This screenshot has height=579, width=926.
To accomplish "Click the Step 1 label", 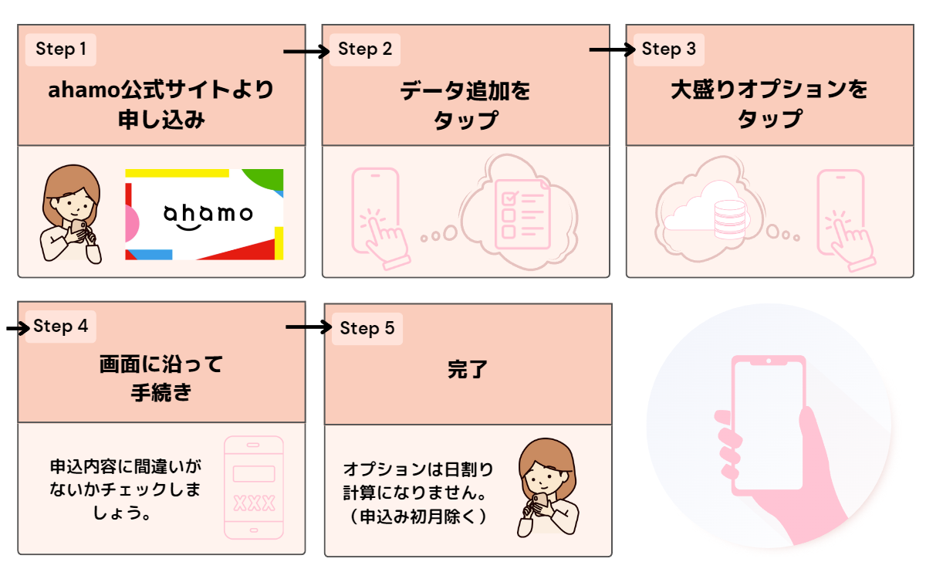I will (x=61, y=50).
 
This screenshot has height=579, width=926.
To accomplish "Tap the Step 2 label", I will (x=365, y=49).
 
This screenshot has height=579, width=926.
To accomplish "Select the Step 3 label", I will (x=668, y=49).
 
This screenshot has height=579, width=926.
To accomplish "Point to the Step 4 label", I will (x=60, y=327).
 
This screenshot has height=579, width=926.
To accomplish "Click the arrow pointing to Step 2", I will (x=306, y=52).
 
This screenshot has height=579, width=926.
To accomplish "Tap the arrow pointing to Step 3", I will (x=610, y=50).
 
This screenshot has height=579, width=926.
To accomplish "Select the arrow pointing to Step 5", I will (x=307, y=327).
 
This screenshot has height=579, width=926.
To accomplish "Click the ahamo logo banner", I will (x=204, y=214).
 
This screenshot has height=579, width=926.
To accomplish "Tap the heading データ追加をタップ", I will (x=465, y=106).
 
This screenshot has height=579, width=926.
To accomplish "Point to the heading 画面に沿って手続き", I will (x=161, y=378).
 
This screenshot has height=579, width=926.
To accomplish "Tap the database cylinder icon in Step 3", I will (x=729, y=218).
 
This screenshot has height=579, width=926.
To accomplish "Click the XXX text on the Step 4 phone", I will (x=254, y=504).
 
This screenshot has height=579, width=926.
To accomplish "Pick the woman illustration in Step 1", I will (x=71, y=216).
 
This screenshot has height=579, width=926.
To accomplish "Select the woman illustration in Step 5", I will (x=546, y=488).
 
